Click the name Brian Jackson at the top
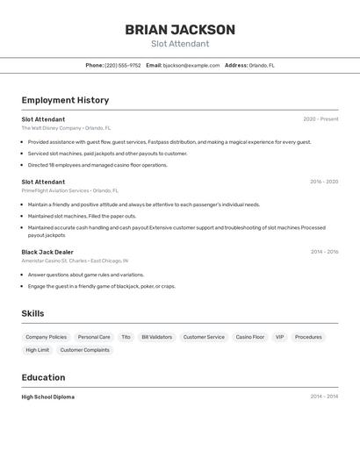click(180, 30)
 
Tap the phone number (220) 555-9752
click(123, 65)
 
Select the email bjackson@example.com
click(191, 65)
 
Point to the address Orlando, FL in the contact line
click(262, 65)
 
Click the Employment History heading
click(65, 100)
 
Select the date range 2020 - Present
click(320, 119)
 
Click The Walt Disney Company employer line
click(66, 128)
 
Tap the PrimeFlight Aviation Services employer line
click(69, 190)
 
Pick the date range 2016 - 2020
click(324, 182)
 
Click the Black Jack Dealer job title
click(47, 252)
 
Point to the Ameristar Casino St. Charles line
click(75, 261)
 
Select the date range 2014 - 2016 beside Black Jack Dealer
click(324, 252)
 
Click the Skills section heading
click(32, 313)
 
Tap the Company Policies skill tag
click(46, 337)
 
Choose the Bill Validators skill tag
click(157, 337)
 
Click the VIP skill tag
click(279, 337)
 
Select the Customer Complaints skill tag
click(84, 350)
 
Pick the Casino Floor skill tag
click(249, 337)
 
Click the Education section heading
click(43, 377)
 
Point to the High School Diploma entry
click(47, 397)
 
